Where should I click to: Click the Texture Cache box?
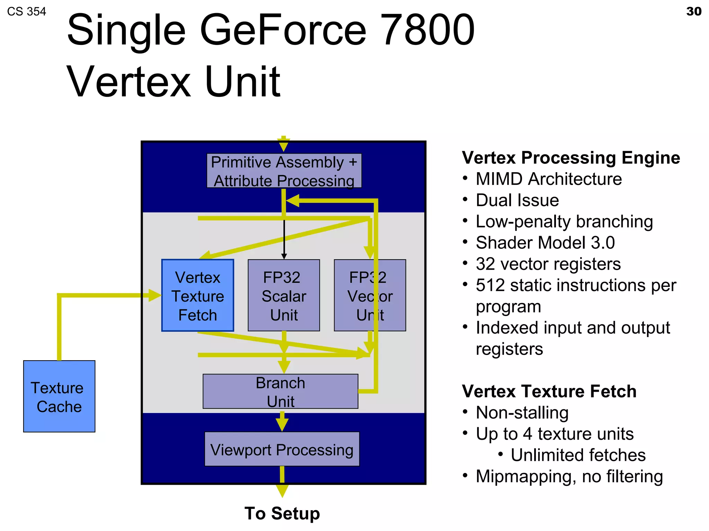59,396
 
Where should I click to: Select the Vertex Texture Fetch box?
198,296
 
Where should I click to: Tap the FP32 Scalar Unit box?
284,296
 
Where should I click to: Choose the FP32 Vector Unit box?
370,296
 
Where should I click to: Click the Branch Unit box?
280,391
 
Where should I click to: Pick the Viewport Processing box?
282,449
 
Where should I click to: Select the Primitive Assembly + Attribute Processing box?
284,171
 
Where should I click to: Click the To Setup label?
282,513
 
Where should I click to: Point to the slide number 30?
693,11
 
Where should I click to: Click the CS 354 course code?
26,12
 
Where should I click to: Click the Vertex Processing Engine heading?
571,158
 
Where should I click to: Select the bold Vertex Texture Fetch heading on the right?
549,391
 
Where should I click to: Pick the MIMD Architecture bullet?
548,179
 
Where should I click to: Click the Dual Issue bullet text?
517,200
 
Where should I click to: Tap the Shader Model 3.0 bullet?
545,243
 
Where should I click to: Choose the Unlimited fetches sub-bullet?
578,455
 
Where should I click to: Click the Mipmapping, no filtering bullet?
569,476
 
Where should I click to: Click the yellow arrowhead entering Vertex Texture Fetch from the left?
154,295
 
